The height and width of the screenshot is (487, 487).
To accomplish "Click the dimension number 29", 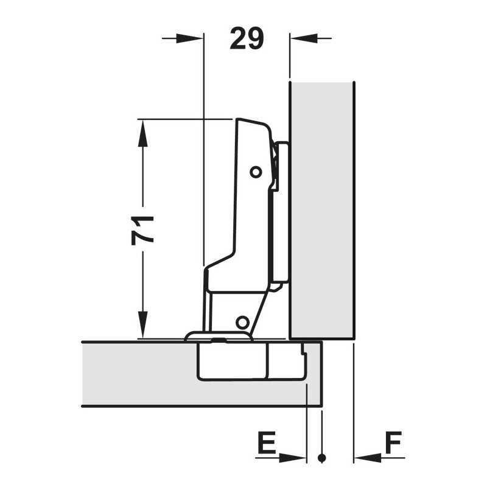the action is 247,38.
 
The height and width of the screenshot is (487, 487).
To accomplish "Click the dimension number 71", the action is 142,230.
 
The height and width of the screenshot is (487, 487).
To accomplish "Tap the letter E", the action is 267,443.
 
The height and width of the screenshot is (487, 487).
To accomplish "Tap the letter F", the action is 393,443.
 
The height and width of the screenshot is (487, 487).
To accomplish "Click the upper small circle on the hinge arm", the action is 256,172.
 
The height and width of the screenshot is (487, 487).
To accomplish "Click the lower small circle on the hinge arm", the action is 242,322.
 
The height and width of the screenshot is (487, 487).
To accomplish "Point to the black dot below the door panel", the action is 322,458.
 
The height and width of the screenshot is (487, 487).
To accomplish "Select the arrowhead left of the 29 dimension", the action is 190,38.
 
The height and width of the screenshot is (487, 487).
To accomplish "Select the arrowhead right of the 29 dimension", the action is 304,38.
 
